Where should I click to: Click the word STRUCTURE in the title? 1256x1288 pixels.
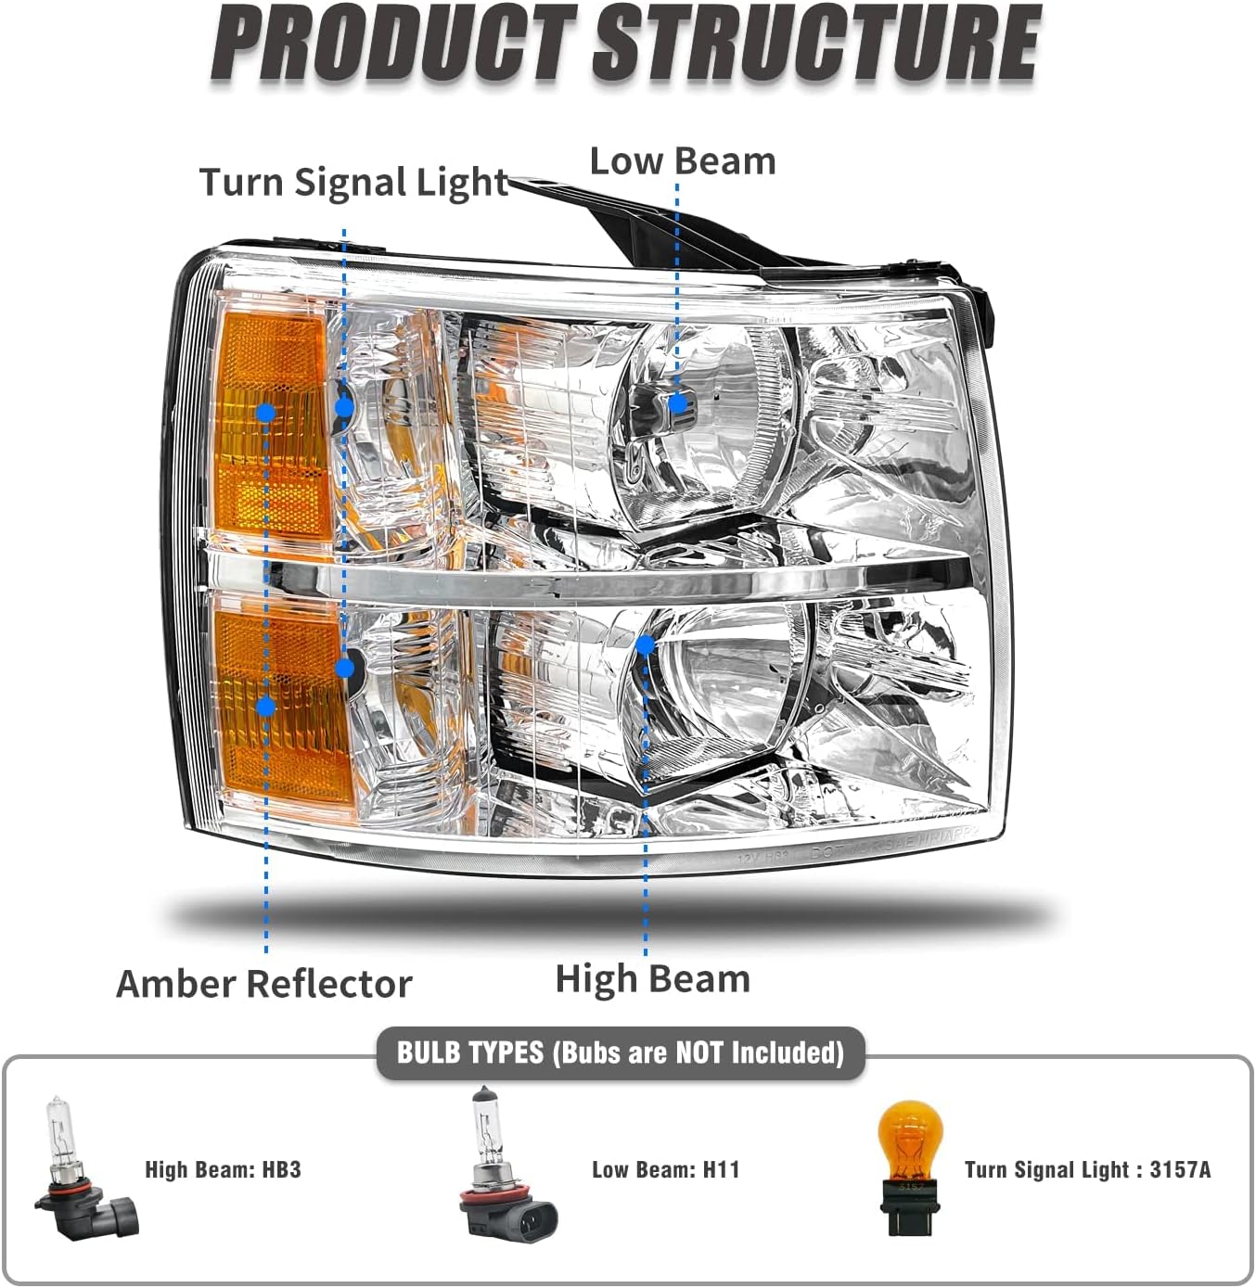(x=816, y=44)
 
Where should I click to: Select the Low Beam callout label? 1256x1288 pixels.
(x=683, y=161)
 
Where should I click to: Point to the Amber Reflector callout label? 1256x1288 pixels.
(x=264, y=984)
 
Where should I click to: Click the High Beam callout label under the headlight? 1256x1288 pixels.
(x=652, y=979)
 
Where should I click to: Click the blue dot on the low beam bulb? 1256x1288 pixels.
(x=678, y=402)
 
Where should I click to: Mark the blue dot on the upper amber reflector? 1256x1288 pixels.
(x=266, y=412)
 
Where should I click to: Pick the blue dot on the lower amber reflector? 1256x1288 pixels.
(x=266, y=707)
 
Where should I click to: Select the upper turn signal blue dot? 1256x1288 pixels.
(x=344, y=405)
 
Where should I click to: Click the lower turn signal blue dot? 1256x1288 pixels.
(x=345, y=668)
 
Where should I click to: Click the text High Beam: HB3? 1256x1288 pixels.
(x=223, y=1169)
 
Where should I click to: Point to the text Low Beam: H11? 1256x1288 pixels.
(x=665, y=1169)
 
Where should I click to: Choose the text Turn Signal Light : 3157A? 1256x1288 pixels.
(x=1087, y=1169)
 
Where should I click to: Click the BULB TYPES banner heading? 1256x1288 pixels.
(x=620, y=1052)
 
